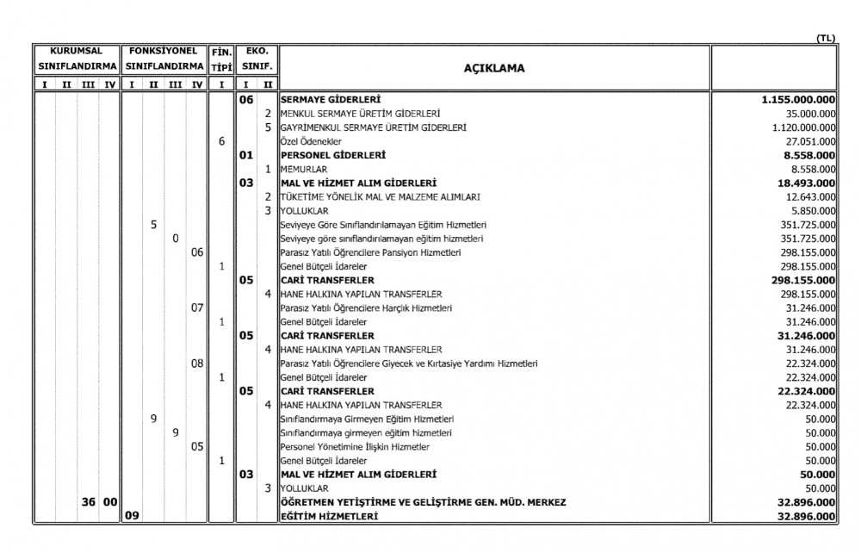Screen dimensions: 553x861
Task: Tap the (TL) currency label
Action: tap(826, 38)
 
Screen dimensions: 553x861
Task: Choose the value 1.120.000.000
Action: tap(800, 127)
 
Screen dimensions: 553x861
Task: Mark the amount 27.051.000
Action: tap(807, 141)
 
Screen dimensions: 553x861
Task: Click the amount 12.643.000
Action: tap(807, 197)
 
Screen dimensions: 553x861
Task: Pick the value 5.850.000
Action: tap(809, 211)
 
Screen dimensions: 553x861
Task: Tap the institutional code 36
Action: tap(88, 502)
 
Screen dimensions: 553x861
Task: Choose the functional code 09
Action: tap(132, 516)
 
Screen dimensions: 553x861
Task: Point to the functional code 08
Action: tap(197, 363)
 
